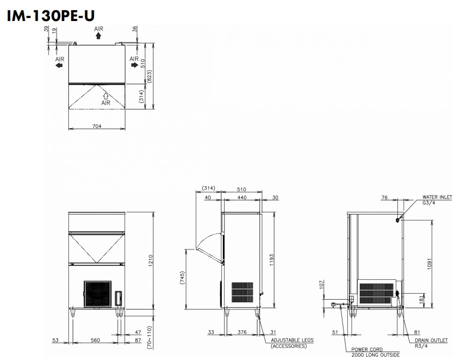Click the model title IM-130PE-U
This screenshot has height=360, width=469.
(x=51, y=16)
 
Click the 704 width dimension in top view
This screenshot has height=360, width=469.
(x=96, y=126)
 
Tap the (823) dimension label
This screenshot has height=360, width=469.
(x=149, y=77)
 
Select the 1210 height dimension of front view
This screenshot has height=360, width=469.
(x=150, y=260)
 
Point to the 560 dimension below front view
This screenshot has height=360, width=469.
(x=95, y=340)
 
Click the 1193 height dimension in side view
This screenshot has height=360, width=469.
(x=271, y=260)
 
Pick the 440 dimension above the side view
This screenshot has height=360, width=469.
(x=242, y=197)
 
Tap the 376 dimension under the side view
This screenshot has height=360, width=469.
(x=242, y=332)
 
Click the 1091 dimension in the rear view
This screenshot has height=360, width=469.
(x=430, y=264)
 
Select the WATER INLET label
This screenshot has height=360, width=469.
(x=437, y=197)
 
